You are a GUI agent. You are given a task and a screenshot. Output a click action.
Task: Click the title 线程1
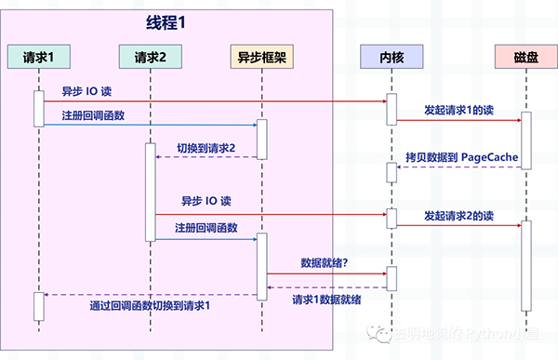point(168,22)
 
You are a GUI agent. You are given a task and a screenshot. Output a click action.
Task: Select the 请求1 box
point(39,58)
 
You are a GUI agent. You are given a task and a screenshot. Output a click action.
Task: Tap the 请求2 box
point(150,58)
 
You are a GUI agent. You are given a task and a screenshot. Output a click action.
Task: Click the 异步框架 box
point(261,58)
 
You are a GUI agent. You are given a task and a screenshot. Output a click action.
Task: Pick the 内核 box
point(392,58)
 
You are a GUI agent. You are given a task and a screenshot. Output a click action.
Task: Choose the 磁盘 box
point(525,58)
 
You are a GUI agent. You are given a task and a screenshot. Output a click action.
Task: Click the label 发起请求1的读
point(458,110)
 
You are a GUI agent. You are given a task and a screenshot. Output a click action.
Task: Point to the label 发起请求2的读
point(458,215)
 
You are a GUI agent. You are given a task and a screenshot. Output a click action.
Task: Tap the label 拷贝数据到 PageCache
point(461,156)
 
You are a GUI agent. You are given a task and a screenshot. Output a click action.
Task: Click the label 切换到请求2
point(206,147)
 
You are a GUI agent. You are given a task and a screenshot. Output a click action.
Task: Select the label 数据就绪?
point(325,263)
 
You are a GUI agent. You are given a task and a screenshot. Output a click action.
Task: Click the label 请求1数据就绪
point(326,300)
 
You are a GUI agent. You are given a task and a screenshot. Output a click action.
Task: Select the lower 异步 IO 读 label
point(206,201)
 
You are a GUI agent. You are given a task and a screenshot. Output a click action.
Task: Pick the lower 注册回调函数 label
point(206,228)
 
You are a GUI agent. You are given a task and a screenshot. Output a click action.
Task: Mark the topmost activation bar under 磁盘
point(525,140)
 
